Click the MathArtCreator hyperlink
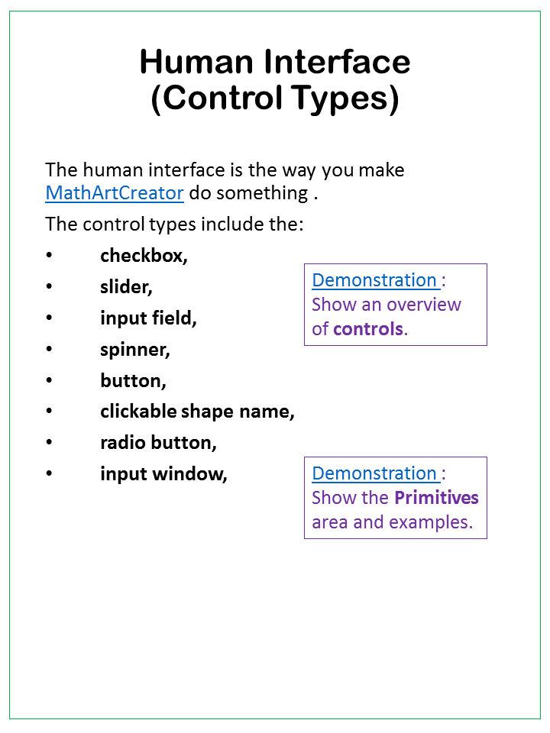[x=115, y=192]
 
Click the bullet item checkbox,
[x=144, y=255]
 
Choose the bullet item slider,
[x=126, y=286]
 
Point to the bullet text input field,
[x=148, y=318]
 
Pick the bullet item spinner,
[x=135, y=349]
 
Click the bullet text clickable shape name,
[x=197, y=412]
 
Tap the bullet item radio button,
[x=158, y=443]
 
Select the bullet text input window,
[x=163, y=474]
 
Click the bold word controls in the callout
[x=367, y=329]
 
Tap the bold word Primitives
[x=436, y=498]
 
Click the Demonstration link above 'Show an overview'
[x=374, y=280]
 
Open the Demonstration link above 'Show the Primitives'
[x=374, y=473]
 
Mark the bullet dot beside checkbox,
[x=50, y=255]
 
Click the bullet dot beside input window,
[x=50, y=474]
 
